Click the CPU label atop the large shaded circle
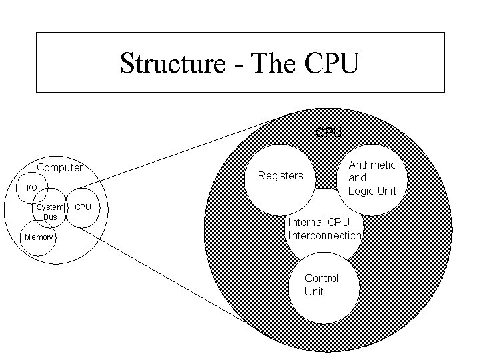click(x=329, y=132)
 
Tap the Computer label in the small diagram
click(x=59, y=167)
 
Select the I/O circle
click(x=31, y=188)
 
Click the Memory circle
click(x=38, y=237)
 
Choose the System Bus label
click(x=50, y=212)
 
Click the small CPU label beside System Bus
click(x=83, y=207)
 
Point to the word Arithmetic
click(x=372, y=165)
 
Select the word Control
click(x=321, y=278)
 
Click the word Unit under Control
click(x=314, y=291)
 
